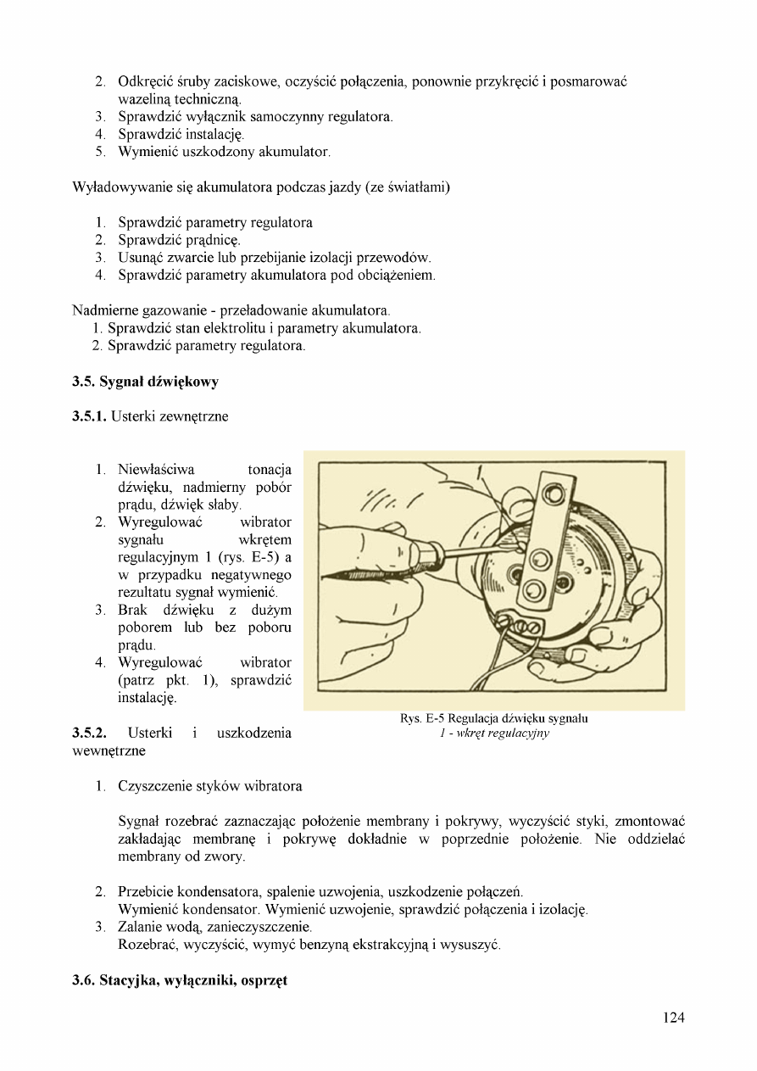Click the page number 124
point(673,1018)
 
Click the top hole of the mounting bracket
point(554,493)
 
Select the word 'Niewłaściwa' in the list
point(156,469)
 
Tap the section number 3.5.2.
point(92,733)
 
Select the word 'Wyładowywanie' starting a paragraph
point(120,187)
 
